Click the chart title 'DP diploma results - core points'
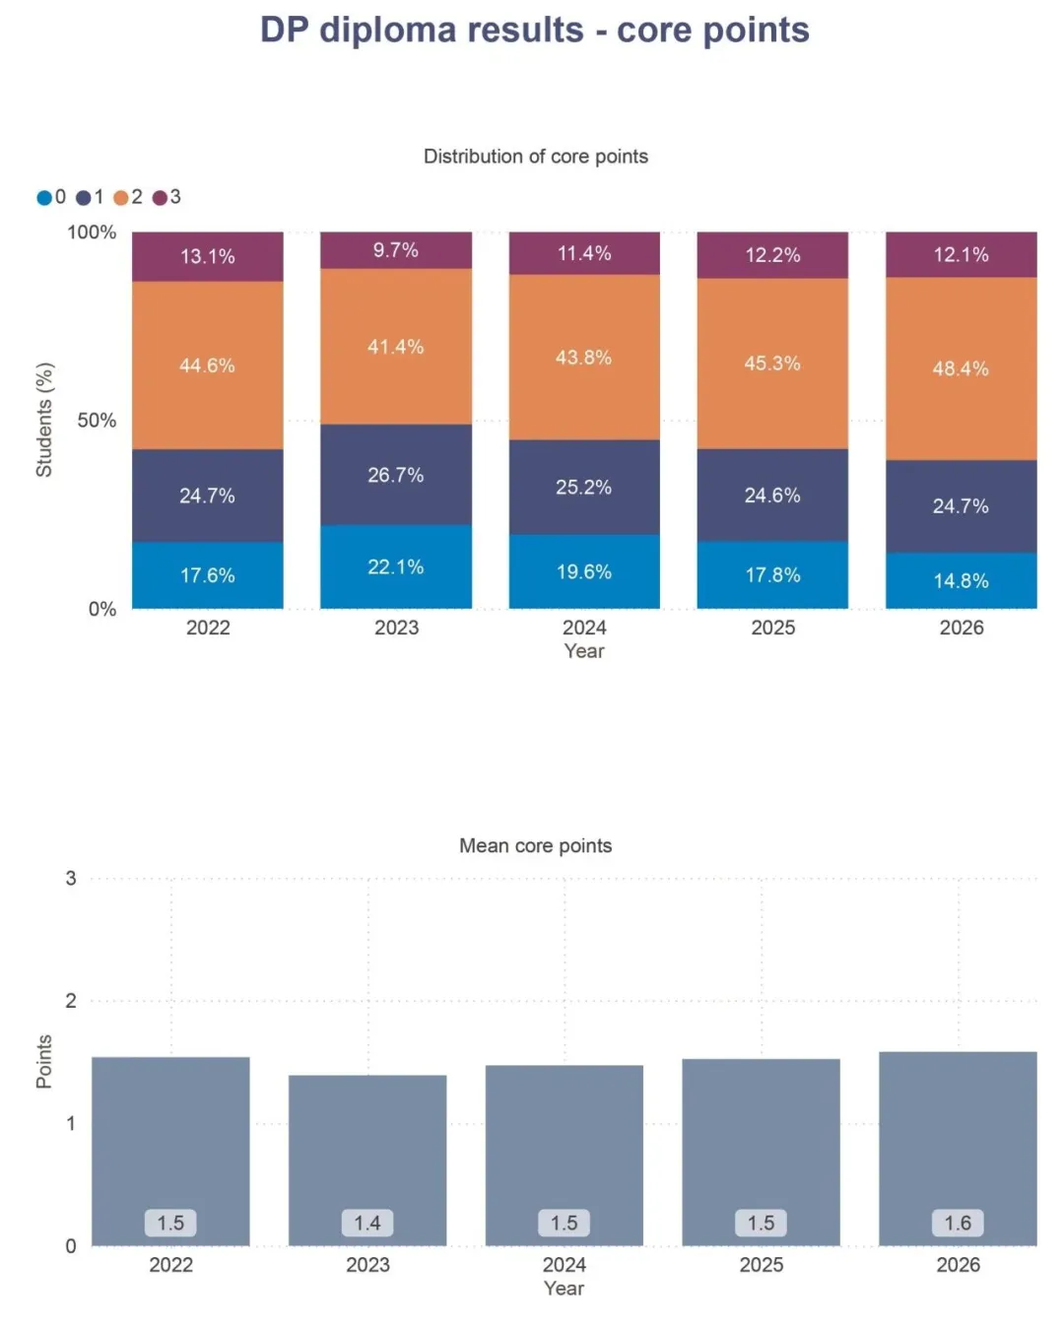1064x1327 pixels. (534, 31)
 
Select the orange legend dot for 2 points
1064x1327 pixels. (121, 198)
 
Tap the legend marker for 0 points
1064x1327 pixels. (43, 198)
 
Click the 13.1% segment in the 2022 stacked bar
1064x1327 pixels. (207, 256)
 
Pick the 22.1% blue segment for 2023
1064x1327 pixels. (395, 566)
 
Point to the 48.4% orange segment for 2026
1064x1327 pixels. (961, 368)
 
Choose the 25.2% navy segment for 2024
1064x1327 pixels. (583, 487)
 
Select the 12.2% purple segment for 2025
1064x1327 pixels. (772, 255)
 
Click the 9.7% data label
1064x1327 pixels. (395, 250)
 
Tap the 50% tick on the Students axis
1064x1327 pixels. (97, 421)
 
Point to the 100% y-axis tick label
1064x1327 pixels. (92, 232)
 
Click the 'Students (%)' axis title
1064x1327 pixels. (43, 420)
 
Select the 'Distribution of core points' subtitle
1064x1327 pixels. (535, 157)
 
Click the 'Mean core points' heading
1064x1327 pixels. (535, 845)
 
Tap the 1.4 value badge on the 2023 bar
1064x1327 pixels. (367, 1223)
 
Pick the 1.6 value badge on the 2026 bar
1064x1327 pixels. (958, 1223)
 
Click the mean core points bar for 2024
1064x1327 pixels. (564, 1156)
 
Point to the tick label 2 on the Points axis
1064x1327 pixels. (71, 1001)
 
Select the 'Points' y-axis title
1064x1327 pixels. (43, 1062)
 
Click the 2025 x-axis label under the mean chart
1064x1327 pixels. (762, 1265)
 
